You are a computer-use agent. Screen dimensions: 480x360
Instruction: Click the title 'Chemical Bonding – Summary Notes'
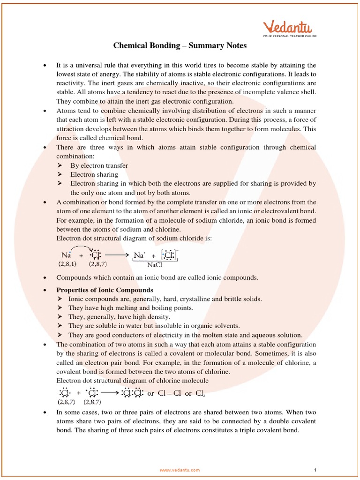click(180, 45)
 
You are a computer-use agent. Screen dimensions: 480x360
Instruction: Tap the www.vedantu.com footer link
click(180, 470)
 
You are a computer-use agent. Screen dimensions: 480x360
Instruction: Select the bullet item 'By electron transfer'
click(99, 165)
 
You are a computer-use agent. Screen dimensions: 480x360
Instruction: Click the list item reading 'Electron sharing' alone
click(94, 174)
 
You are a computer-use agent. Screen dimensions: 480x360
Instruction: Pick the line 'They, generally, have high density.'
click(119, 317)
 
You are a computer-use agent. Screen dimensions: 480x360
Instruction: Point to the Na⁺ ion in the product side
click(140, 255)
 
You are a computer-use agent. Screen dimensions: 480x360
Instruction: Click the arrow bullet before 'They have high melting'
click(60, 308)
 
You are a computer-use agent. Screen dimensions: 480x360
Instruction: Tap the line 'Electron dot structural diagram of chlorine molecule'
click(132, 380)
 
